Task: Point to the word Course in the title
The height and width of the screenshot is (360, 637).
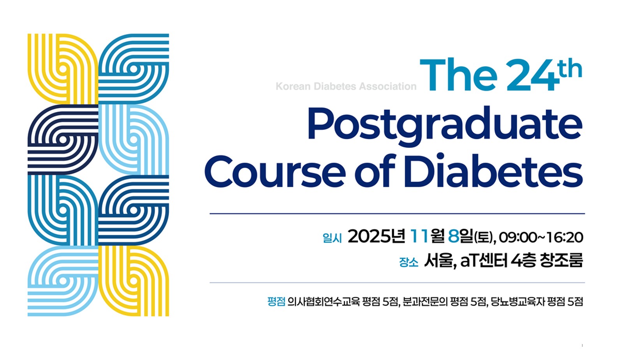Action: coord(275,172)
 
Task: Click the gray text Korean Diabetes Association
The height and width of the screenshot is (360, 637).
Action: coord(346,86)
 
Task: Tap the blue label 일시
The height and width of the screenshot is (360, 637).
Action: coord(332,238)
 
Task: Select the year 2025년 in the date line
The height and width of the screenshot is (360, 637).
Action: coord(376,236)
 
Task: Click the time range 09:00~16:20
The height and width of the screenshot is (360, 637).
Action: coord(541,237)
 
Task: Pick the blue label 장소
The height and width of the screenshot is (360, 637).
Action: coord(409,262)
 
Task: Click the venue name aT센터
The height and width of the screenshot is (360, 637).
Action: coord(484,260)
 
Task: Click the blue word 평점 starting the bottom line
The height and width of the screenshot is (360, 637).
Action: coord(276,302)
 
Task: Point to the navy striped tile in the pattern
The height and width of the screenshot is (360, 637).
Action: coord(63,139)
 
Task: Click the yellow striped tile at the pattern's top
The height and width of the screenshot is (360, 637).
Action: coord(63,69)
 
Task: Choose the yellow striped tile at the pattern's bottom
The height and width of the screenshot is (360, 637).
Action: coord(134,281)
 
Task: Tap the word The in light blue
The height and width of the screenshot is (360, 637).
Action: coord(458,75)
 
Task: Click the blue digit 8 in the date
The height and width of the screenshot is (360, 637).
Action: coord(453,236)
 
